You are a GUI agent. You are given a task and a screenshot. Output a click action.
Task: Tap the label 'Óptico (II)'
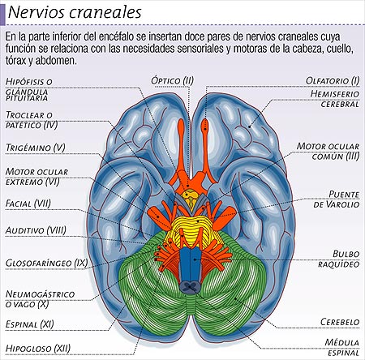point(173,80)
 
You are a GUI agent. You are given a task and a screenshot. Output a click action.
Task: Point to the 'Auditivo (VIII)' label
point(34,230)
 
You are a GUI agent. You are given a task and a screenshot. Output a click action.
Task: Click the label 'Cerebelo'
point(340,321)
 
